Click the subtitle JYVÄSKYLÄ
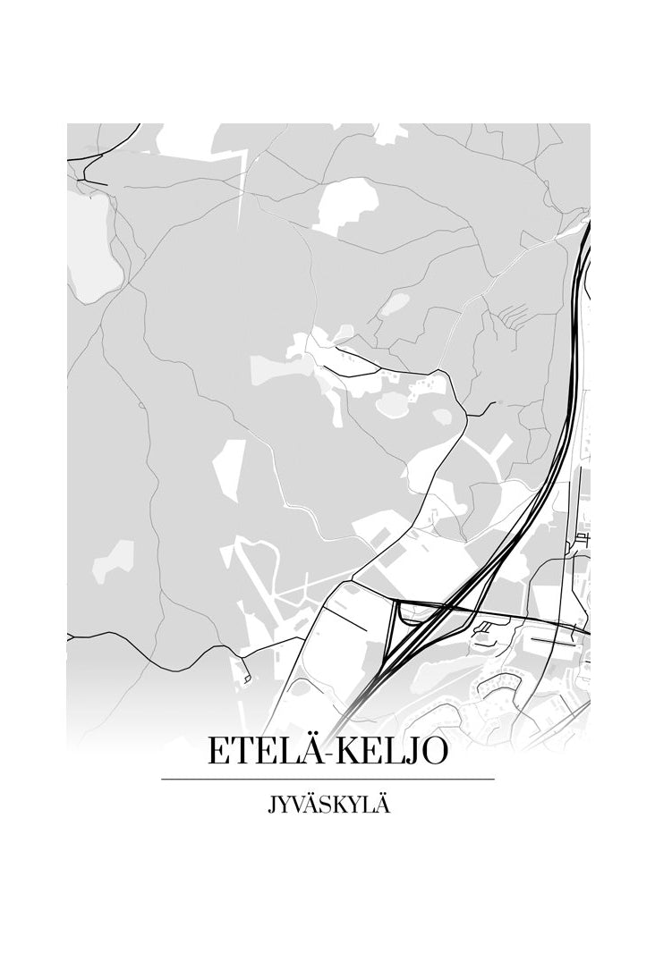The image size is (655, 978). tap(328, 805)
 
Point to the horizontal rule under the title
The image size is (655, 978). tap(327, 780)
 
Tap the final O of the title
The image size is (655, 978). tap(433, 751)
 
